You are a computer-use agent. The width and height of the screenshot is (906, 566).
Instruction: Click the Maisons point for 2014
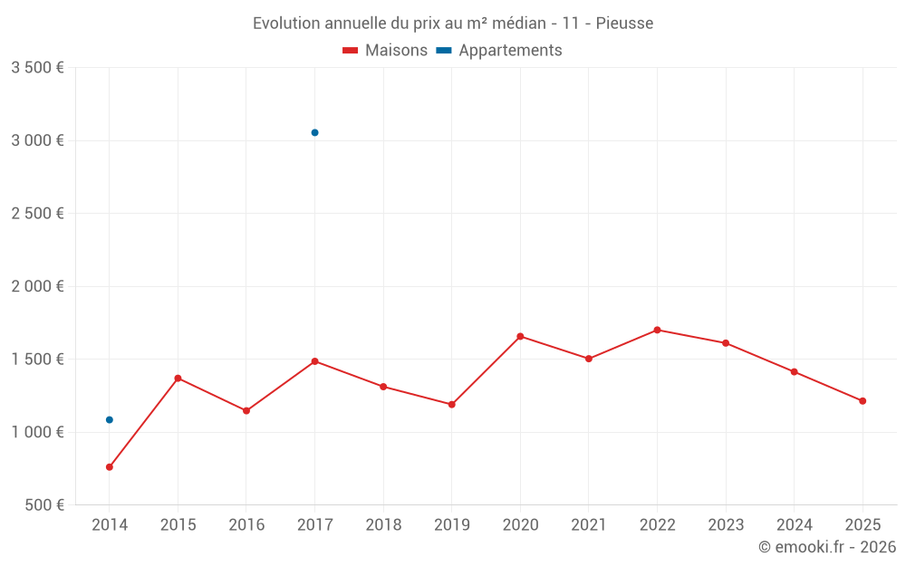coord(110,467)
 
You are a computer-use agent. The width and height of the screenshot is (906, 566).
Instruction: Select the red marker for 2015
coord(178,378)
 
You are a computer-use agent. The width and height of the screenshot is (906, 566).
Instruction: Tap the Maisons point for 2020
coord(520,336)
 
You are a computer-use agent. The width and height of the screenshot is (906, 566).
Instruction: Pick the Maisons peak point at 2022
coord(657,330)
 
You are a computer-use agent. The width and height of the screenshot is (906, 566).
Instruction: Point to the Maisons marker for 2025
coord(863,401)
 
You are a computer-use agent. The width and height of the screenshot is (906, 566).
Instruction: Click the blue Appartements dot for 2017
coord(314,132)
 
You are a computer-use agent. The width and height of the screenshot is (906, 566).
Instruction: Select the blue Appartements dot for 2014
coord(110,419)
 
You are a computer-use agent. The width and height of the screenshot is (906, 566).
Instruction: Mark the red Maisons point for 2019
coord(451,405)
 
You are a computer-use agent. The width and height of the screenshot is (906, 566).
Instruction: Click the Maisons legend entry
coord(385,51)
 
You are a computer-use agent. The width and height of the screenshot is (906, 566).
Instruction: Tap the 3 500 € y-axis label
coord(37,68)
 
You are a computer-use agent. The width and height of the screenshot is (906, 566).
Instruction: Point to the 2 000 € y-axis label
coord(37,286)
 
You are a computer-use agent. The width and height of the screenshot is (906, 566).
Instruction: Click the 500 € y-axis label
coord(43,505)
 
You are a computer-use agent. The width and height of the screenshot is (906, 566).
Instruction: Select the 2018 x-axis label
coord(383,525)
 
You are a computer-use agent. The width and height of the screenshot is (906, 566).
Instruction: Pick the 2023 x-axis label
coord(726,525)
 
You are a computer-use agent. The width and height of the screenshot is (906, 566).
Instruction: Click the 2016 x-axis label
coord(246,525)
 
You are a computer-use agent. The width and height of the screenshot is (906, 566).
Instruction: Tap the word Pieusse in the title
coord(624,24)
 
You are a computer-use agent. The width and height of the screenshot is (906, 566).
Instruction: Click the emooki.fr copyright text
coord(827,547)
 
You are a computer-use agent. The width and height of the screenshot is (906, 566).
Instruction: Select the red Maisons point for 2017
coord(314,361)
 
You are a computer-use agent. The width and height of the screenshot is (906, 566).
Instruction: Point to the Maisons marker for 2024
coord(794,371)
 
